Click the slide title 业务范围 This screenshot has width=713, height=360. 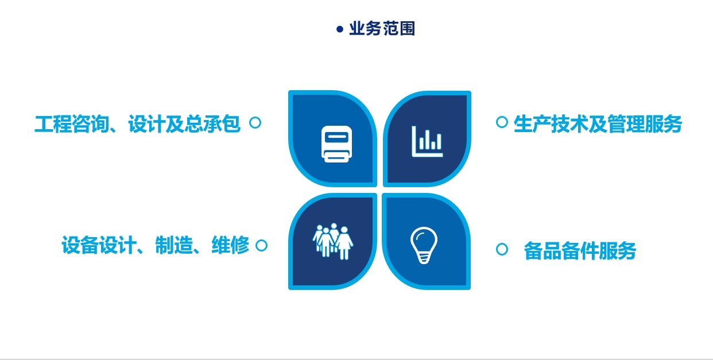point(382,29)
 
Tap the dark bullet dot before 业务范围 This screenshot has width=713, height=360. point(340,29)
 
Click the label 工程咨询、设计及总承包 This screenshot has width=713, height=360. point(137,124)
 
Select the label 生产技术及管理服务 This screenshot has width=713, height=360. point(598,124)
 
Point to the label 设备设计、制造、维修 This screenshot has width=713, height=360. point(156,245)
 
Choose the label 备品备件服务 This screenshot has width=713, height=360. point(580,251)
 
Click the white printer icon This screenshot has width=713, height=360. point(337,144)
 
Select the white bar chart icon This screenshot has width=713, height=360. point(427,141)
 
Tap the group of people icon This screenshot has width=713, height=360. point(333,242)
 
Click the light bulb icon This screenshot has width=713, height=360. point(424,245)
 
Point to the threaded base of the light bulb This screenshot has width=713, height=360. point(424,257)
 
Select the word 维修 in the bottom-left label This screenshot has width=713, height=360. point(230,245)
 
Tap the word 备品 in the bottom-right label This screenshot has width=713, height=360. point(542,251)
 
